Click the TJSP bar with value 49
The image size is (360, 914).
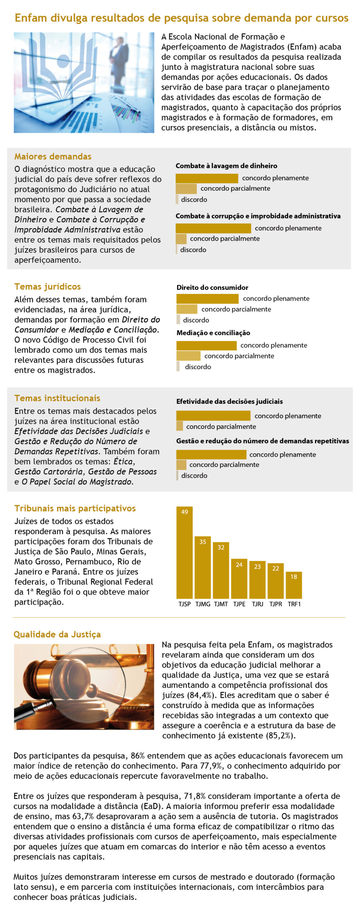(x=184, y=552)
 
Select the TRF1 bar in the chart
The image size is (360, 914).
(x=294, y=585)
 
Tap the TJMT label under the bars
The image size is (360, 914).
(x=221, y=604)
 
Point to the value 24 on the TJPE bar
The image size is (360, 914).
(x=239, y=564)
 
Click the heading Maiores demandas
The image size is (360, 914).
(x=53, y=156)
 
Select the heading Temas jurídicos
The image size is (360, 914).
(x=47, y=286)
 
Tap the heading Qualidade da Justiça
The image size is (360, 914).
(x=57, y=634)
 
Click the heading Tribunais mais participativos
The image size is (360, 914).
(x=75, y=508)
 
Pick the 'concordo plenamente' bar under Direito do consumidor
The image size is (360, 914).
(x=207, y=298)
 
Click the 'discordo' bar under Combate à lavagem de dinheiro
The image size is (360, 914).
(x=177, y=199)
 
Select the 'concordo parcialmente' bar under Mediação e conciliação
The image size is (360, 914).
(x=188, y=356)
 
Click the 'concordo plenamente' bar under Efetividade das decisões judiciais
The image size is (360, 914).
(x=213, y=416)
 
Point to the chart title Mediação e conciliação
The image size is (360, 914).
(x=213, y=333)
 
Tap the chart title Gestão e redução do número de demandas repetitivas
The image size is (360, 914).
(x=262, y=441)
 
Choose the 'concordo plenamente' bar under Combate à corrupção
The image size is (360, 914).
(x=213, y=228)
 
